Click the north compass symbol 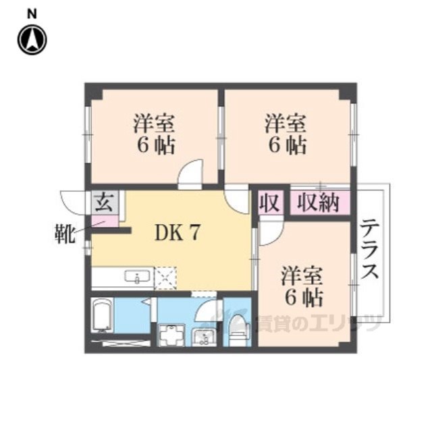[32, 39]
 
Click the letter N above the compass [32, 14]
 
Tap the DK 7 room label [177, 232]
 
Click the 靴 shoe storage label [65, 234]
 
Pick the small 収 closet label [270, 203]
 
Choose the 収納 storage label [319, 203]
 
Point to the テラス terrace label [370, 249]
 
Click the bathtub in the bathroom [103, 315]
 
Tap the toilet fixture [237, 330]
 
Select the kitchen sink [138, 276]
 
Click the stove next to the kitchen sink [165, 278]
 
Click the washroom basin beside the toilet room [204, 336]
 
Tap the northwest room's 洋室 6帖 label [155, 135]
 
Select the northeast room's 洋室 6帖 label [286, 135]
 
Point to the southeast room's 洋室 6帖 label [302, 288]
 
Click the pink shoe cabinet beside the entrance [105, 221]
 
